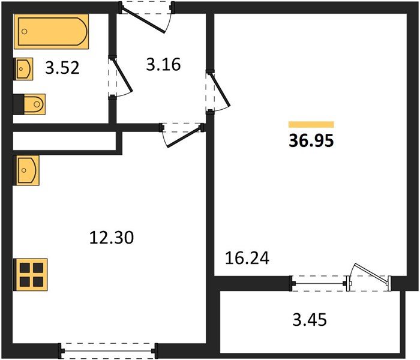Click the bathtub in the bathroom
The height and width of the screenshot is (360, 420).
[51, 32]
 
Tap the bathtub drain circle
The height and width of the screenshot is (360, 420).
[25, 32]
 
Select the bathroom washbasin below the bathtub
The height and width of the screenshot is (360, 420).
[23, 69]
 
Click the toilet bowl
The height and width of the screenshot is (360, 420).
[34, 104]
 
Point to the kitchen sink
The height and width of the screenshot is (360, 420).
[26, 170]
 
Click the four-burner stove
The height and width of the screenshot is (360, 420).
[31, 275]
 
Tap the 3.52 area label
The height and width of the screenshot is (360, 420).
[62, 68]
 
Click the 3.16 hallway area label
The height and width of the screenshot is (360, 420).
[163, 65]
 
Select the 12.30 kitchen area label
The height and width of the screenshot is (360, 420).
[112, 238]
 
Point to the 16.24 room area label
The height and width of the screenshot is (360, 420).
[247, 258]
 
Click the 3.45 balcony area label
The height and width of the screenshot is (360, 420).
[310, 320]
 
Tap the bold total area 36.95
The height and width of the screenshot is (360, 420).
[311, 140]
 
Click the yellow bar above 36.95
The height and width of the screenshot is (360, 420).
[311, 125]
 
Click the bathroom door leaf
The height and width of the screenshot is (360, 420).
[122, 74]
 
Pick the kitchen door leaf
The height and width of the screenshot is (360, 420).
[184, 137]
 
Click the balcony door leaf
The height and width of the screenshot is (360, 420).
[371, 273]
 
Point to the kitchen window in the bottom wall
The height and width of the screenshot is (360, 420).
[107, 351]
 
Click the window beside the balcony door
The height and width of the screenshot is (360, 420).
[319, 283]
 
